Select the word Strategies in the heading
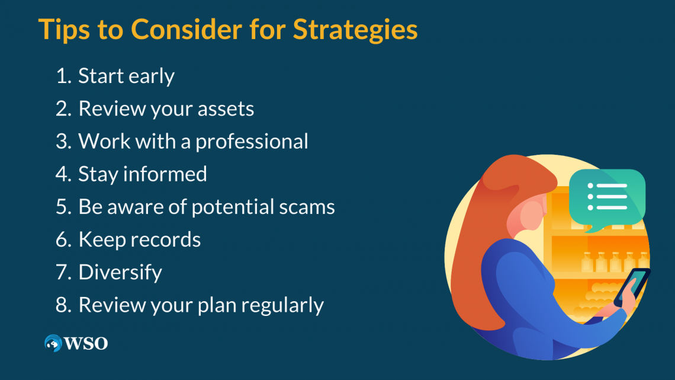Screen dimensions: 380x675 [x=355, y=29]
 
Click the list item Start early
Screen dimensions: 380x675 [x=126, y=76]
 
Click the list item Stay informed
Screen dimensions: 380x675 [x=143, y=174]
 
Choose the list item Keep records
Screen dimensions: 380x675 [x=140, y=240]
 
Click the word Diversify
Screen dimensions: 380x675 [x=120, y=272]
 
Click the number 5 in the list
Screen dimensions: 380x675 [x=62, y=207]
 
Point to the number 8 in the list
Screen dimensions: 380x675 [x=62, y=305]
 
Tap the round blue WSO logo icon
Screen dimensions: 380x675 [x=53, y=343]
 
